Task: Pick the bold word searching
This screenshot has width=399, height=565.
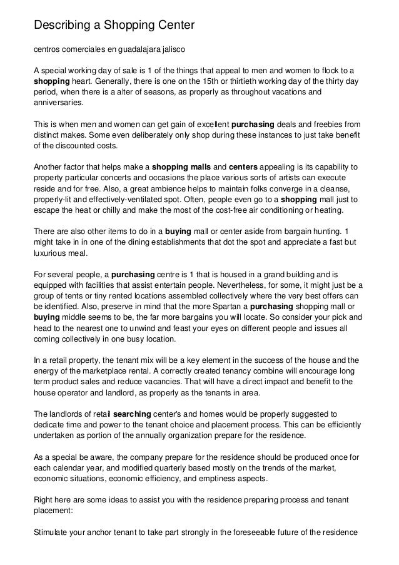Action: click(x=134, y=414)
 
